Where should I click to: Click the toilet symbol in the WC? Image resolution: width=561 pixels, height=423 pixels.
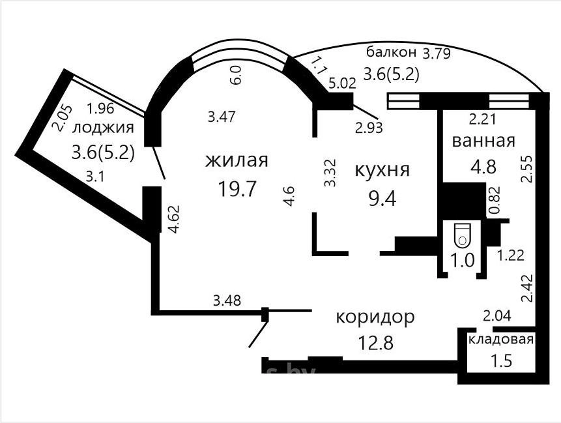[462, 235]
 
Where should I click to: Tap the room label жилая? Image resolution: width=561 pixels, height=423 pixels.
[237, 160]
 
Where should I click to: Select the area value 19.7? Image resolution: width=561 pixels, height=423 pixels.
[237, 188]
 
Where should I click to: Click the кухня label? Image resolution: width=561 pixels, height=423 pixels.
[382, 170]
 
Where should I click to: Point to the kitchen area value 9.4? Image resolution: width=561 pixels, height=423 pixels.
[382, 199]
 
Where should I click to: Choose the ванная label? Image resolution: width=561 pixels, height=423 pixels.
[483, 141]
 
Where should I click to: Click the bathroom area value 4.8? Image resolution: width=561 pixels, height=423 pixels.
[483, 167]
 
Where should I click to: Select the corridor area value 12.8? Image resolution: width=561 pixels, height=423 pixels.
[375, 342]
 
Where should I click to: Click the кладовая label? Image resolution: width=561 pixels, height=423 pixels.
[501, 340]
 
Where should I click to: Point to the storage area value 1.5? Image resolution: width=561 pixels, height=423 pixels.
[501, 361]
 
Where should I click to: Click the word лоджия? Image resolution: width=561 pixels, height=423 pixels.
[103, 128]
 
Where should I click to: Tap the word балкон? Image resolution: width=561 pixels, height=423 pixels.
[392, 53]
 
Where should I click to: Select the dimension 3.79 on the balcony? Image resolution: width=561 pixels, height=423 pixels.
[437, 53]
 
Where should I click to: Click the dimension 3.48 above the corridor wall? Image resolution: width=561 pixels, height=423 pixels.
[227, 300]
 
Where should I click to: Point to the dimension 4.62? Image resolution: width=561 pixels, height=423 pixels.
[174, 219]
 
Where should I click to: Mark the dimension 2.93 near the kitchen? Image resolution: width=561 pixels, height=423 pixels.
[369, 128]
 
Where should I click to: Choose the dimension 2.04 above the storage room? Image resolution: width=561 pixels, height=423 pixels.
[497, 316]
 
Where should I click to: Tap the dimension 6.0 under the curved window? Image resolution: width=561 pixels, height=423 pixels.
[237, 75]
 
